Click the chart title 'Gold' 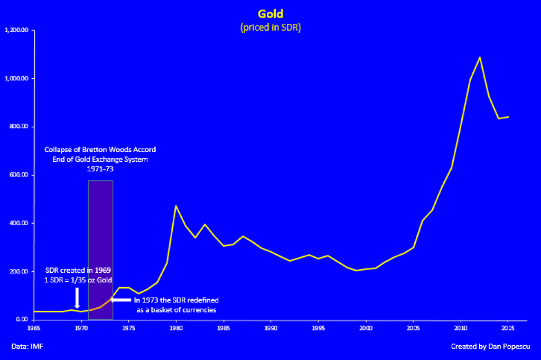pos(270,14)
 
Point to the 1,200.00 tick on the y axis pos(16,30)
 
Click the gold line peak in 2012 pos(480,57)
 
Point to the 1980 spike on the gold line pos(176,206)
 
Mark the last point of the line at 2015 pos(508,117)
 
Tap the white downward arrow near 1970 pos(77,298)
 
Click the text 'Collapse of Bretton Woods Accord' pos(100,150)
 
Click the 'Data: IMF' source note pos(25,347)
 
